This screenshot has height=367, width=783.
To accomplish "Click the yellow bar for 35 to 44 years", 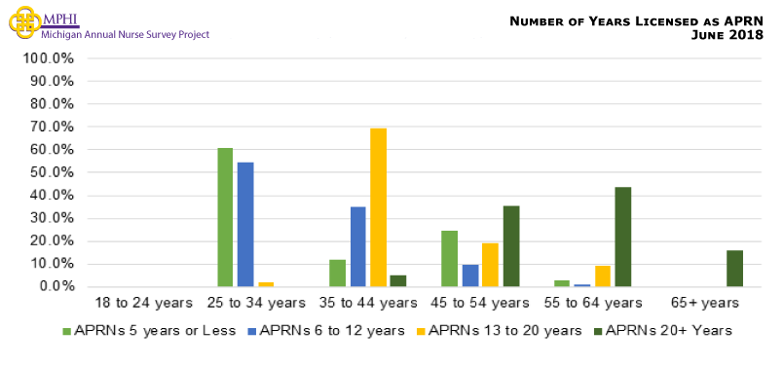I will pos(378,207).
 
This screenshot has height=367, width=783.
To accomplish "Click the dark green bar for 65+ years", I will pos(734,268).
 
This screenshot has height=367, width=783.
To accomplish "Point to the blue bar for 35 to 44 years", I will pos(357,246).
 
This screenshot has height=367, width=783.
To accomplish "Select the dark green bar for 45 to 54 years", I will pos(510,246).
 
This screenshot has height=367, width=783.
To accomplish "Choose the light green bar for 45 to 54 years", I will pos(449,258).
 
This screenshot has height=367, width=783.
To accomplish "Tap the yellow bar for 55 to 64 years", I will pos(602,275).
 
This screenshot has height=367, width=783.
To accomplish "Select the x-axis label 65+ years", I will pos(712,304).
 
